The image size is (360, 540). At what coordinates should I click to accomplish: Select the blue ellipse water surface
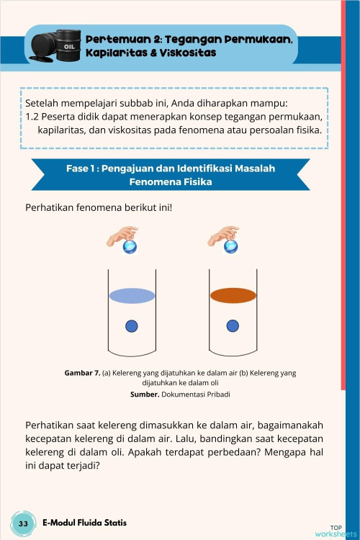(x=132, y=295)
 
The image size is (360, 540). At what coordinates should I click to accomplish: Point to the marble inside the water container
(x=132, y=326)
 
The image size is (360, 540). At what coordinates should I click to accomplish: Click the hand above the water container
(x=122, y=235)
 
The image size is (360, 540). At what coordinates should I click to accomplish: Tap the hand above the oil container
(x=224, y=235)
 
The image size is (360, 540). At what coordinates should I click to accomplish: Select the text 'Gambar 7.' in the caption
(x=81, y=373)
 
